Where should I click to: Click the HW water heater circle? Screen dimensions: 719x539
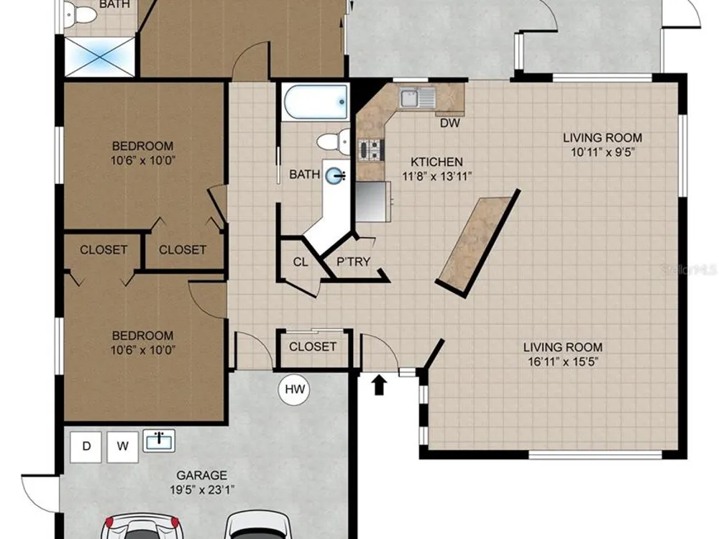click(294, 390)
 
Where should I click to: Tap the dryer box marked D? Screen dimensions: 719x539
click(86, 446)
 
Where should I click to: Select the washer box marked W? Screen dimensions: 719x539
click(122, 446)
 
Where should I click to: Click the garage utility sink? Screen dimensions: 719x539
click(159, 441)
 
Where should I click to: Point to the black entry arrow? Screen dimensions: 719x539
click(379, 385)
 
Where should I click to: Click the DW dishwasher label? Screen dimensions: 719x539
click(449, 123)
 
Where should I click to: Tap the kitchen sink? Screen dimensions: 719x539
click(417, 97)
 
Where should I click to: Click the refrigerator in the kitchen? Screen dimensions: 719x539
click(373, 202)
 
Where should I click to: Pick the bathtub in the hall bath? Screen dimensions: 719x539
click(316, 103)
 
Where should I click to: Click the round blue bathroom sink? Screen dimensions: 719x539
click(334, 175)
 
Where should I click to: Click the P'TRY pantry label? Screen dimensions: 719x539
click(353, 262)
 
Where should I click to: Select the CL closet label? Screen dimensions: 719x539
click(301, 262)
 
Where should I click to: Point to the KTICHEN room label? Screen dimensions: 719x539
click(436, 162)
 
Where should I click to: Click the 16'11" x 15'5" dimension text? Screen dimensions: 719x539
click(563, 361)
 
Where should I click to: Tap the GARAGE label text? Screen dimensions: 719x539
click(202, 475)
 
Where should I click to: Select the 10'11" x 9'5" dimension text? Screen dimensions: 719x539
click(603, 152)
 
